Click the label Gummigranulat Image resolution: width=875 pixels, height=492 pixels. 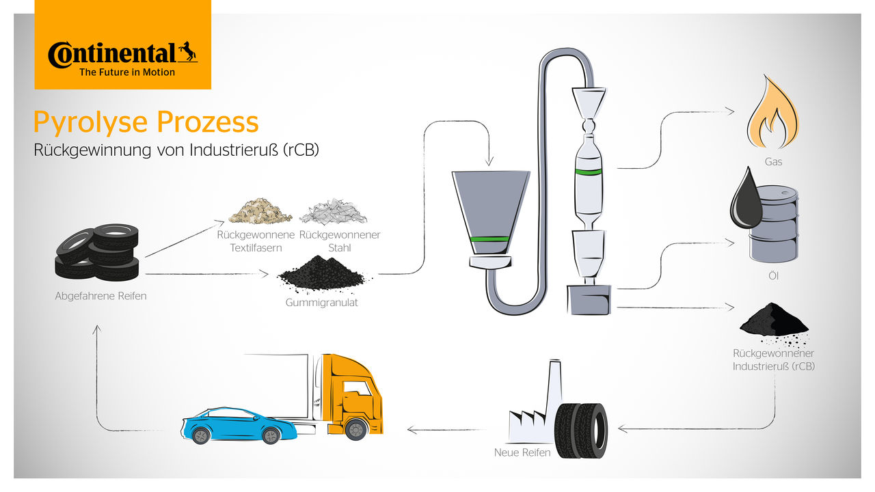tap(321, 302)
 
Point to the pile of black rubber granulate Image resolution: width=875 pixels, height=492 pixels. tap(322, 274)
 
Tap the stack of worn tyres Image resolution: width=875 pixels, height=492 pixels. tap(98, 253)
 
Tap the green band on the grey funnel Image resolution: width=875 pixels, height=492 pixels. tap(490, 239)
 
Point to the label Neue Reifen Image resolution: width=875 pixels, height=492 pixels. tap(522, 452)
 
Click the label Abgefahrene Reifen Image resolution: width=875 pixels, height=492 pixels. tap(100, 297)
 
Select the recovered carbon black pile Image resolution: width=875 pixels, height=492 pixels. tap(772, 321)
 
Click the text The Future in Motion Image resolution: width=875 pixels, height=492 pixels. tap(126, 72)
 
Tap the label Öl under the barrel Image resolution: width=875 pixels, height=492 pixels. tap(773, 276)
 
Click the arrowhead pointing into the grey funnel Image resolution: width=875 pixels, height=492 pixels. tap(489, 163)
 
